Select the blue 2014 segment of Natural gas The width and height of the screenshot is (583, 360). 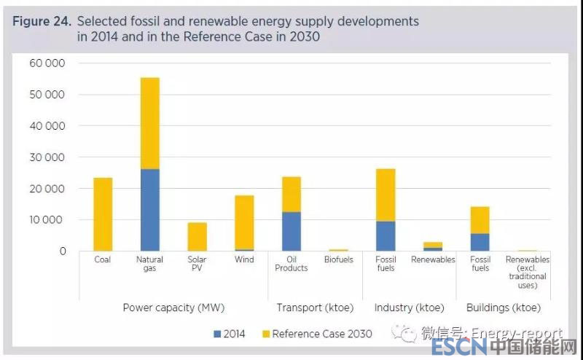coord(149,210)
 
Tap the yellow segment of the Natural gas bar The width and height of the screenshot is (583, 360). coord(149,123)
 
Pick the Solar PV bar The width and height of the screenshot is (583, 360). coord(197,237)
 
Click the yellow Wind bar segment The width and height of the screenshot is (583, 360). coord(244,222)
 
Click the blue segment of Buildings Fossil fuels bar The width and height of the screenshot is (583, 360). coord(480,242)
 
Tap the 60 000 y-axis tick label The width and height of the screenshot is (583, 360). coord(47,63)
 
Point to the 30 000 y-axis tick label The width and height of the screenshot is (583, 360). coord(47,157)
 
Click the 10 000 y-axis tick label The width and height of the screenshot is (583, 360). coord(47,220)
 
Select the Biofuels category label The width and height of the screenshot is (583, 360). coord(338,259)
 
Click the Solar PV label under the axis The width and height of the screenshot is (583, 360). coord(197,264)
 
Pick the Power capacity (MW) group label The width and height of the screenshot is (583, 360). coord(168,308)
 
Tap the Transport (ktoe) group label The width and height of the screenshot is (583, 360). coord(315,308)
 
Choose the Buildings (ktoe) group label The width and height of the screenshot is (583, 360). coord(504,308)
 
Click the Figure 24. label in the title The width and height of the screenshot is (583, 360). coord(41,22)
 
